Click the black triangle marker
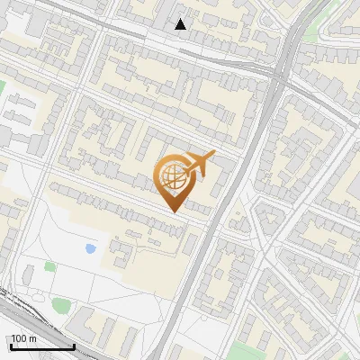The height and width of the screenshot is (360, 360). click(181, 24)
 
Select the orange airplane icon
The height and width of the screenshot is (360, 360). click(200, 163)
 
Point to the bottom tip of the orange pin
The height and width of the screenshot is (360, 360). click(173, 211)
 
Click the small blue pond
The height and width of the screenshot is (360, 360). click(90, 247)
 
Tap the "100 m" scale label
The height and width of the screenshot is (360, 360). click(23, 338)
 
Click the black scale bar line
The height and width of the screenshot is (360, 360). click(41, 346)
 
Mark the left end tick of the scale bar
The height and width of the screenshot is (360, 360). click(10, 346)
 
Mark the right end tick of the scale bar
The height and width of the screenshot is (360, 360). click(74, 346)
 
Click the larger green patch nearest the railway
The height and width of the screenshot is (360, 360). click(60, 306)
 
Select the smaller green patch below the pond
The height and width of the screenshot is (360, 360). click(50, 267)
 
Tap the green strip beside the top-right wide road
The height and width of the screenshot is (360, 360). click(310, 36)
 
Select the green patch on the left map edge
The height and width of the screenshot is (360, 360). click(3, 88)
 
